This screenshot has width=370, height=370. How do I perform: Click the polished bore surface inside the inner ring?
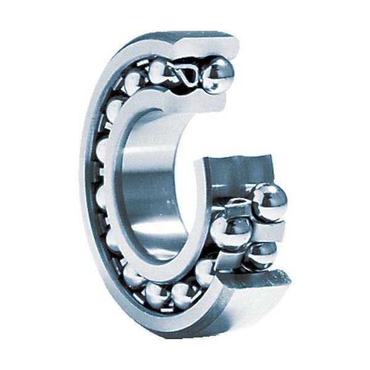(148, 185)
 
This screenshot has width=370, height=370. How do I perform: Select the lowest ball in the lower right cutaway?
(262, 255)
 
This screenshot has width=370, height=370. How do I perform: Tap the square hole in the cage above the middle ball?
(237, 207)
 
